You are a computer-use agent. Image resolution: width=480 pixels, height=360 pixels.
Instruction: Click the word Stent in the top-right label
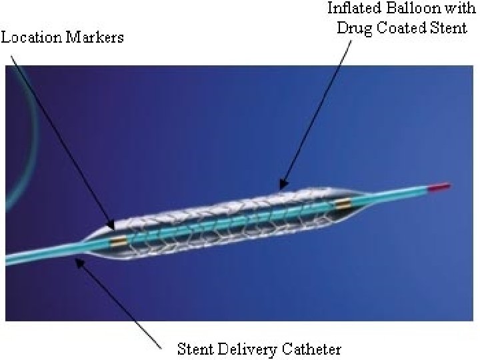[x=449, y=29]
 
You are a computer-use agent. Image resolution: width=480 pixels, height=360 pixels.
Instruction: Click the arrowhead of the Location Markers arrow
[x=113, y=226]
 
